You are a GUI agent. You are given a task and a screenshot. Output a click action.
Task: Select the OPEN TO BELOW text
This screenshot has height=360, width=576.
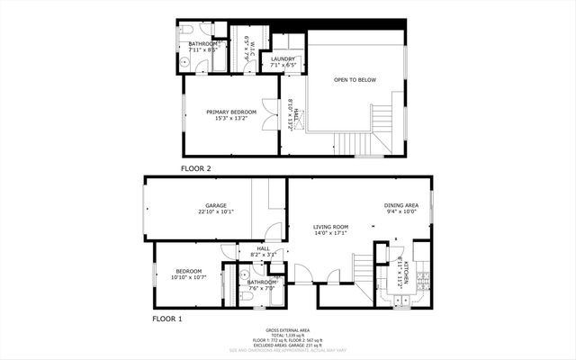[355, 80]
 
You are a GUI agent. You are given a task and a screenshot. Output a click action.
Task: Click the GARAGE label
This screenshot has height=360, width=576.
[215, 205]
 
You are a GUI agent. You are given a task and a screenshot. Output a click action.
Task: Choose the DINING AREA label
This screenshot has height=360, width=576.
[401, 205]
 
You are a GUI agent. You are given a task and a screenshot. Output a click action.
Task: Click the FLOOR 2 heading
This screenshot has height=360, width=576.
[195, 168]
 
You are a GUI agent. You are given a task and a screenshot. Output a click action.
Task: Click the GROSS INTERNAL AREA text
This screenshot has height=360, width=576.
[287, 330]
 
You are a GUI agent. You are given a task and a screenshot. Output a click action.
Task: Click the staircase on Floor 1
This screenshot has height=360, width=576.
[362, 270]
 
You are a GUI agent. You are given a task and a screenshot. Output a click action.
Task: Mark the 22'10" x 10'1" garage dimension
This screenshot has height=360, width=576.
[215, 212]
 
